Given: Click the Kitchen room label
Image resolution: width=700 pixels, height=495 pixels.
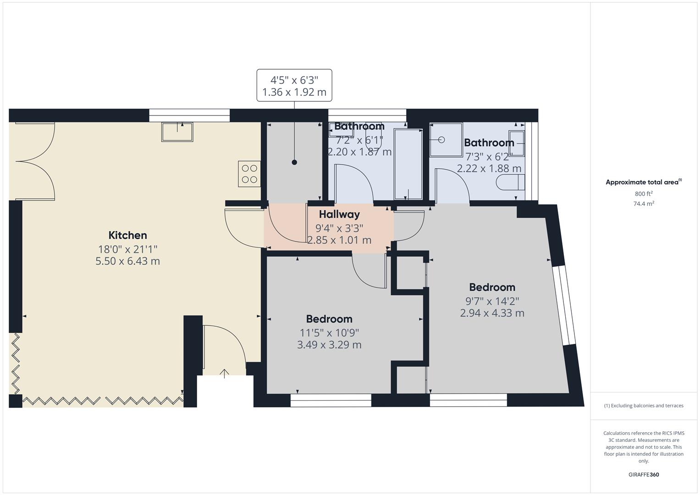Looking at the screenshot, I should [127, 235].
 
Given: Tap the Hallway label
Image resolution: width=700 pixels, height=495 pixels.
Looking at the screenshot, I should [339, 214].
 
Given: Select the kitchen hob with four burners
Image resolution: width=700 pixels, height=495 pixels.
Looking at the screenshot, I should [249, 174].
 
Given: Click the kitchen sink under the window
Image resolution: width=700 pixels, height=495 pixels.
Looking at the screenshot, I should [177, 132].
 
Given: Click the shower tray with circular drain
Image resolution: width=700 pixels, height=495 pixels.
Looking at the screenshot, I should [442, 139].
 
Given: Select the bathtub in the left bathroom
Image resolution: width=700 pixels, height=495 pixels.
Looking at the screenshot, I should [408, 165].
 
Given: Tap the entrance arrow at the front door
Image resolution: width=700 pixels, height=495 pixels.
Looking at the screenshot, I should [224, 373].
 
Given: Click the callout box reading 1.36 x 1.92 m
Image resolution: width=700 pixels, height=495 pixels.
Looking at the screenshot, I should [294, 85].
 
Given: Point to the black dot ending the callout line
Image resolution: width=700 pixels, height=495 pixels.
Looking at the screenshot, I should [294, 162].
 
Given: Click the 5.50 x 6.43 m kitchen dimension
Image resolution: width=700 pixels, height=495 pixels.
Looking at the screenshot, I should [127, 261].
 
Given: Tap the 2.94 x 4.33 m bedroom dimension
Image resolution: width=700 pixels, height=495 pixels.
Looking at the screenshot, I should [492, 313].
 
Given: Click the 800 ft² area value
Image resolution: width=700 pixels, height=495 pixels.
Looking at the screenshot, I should [644, 193].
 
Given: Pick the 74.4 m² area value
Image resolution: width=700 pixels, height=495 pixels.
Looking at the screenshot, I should [644, 203].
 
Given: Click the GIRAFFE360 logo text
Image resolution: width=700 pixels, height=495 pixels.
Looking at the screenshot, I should [644, 474].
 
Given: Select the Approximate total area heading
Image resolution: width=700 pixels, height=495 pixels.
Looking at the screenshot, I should [643, 182].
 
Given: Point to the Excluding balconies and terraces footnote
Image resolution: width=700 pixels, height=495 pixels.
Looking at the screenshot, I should [644, 406].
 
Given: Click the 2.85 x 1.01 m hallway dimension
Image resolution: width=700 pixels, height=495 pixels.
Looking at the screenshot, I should [339, 240].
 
